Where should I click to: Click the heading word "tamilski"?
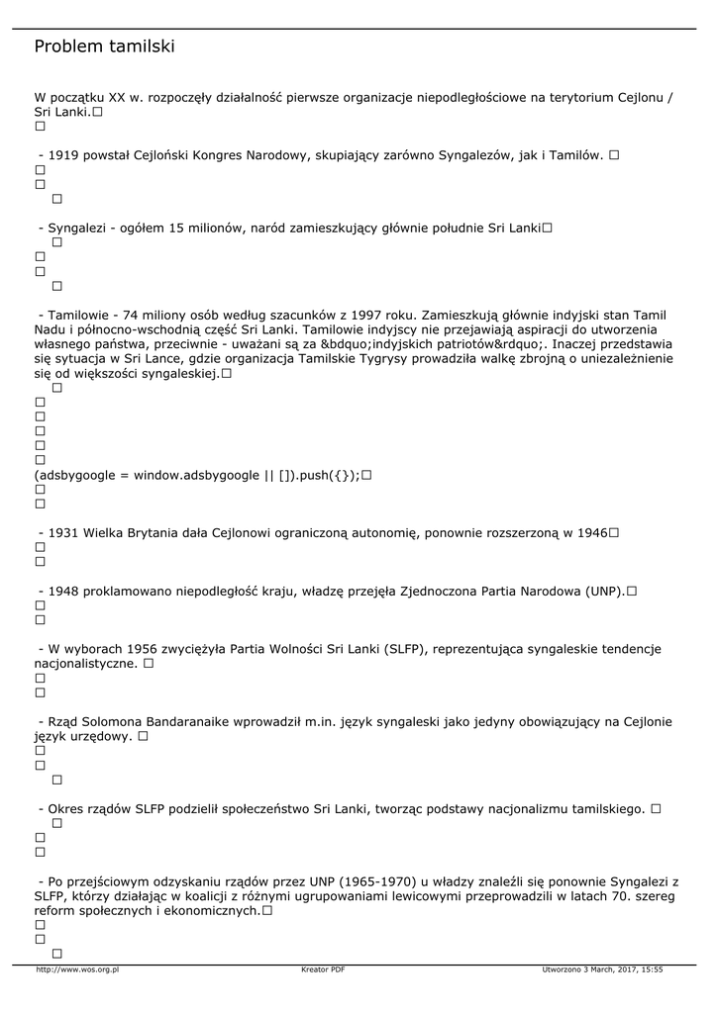(142, 46)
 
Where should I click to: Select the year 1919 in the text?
(63, 155)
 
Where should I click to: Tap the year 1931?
(63, 533)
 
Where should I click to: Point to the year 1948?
(63, 592)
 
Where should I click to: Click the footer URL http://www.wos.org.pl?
(77, 969)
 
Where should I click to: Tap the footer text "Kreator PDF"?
(323, 969)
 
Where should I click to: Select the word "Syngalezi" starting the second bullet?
(79, 228)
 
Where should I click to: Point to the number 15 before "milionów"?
(177, 228)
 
